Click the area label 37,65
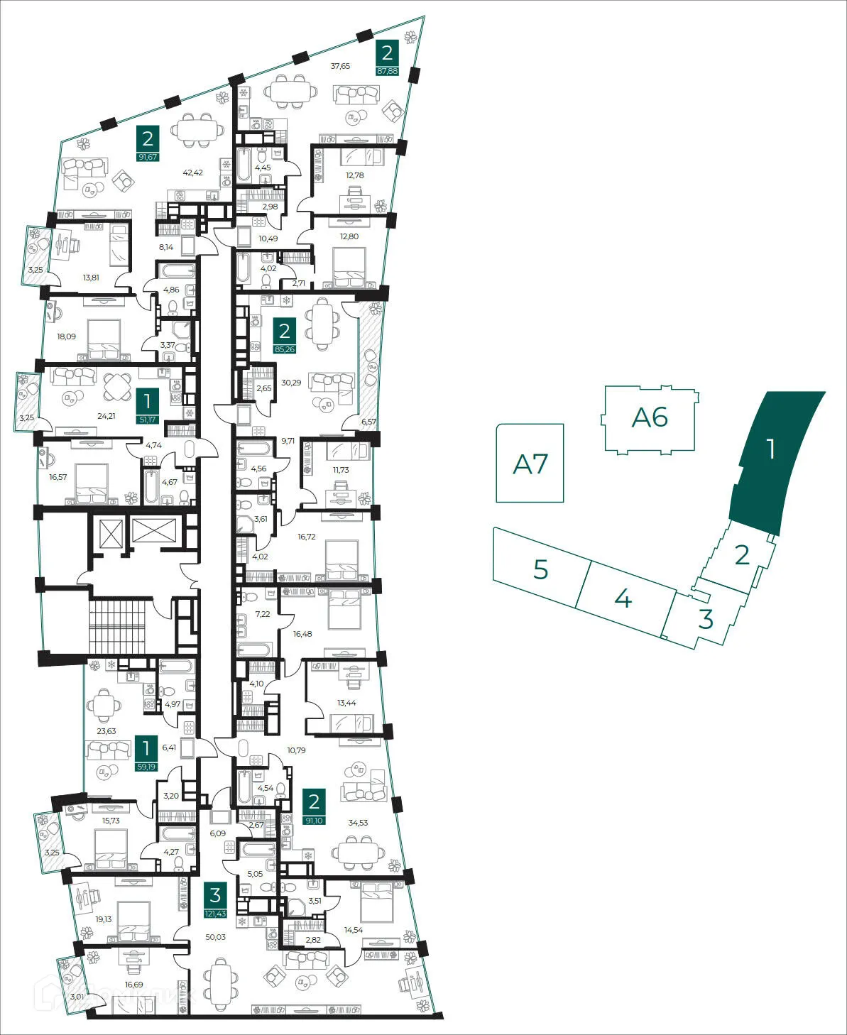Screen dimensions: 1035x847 pos(340,66)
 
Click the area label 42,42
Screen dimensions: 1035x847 pos(192,172)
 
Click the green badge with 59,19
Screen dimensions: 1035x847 pos(146,753)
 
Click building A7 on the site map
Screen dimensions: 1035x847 pos(530,464)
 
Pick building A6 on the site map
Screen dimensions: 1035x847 pos(649,417)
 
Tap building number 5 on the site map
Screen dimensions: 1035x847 pos(540,569)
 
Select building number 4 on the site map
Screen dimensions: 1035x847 pos(623,598)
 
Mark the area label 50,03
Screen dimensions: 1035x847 pos(215,937)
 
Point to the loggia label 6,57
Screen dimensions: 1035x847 pos(368,422)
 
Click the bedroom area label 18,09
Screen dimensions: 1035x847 pos(66,336)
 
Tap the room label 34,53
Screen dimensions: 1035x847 pos(358,823)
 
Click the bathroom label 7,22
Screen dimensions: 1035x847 pos(263,614)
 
